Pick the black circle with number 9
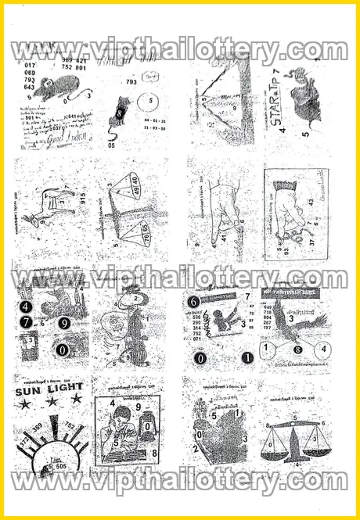[64, 322]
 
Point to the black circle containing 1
[247, 358]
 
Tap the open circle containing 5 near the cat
[146, 102]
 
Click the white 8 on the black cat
[121, 112]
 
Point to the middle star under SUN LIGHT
[52, 402]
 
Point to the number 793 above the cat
[131, 81]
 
